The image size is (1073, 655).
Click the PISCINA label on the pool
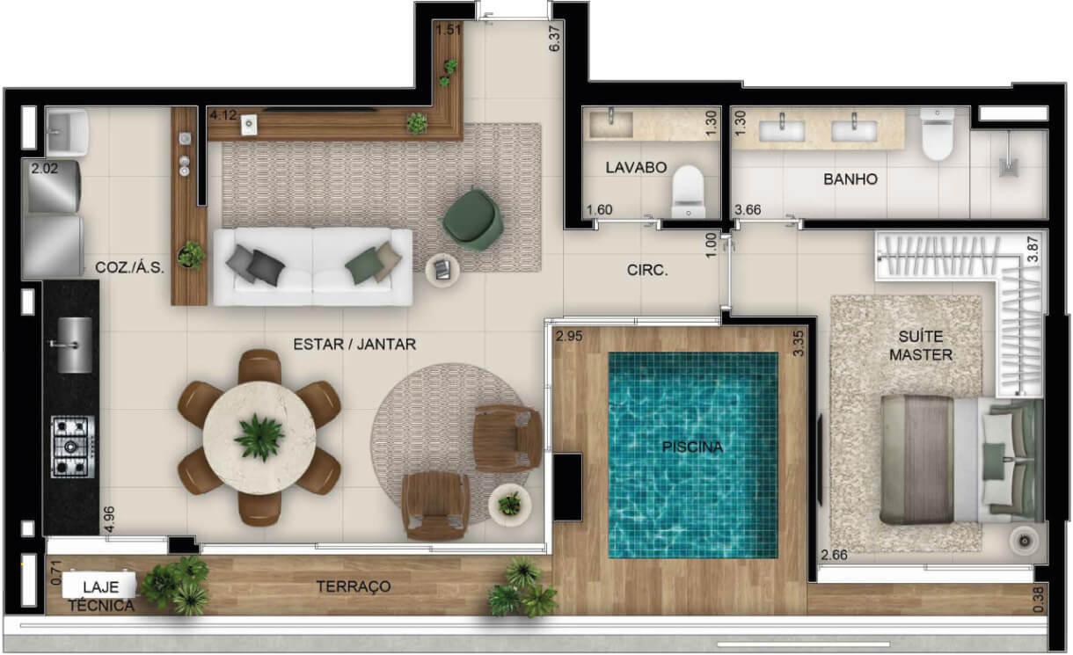pyautogui.click(x=692, y=448)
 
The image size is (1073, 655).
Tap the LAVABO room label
pyautogui.click(x=636, y=168)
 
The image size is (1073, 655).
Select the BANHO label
pyautogui.click(x=850, y=179)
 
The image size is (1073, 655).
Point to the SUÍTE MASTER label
pyautogui.click(x=921, y=346)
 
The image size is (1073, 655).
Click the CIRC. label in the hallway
pyautogui.click(x=647, y=270)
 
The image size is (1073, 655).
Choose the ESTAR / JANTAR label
pyautogui.click(x=354, y=345)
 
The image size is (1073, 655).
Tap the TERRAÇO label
pyautogui.click(x=354, y=586)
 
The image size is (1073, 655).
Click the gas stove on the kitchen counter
pyautogui.click(x=73, y=447)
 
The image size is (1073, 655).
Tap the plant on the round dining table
pyautogui.click(x=259, y=438)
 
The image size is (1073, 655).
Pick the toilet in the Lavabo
pyautogui.click(x=689, y=192)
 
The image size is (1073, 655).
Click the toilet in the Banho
pyautogui.click(x=938, y=134)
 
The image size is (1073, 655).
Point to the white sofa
pyautogui.click(x=313, y=266)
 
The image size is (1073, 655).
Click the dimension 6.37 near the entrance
pyautogui.click(x=554, y=39)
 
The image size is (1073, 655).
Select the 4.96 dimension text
pyautogui.click(x=109, y=519)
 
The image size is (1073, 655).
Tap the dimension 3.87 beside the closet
pyautogui.click(x=1033, y=250)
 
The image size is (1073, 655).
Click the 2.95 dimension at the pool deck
pyautogui.click(x=569, y=336)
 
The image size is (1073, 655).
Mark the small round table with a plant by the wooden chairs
pyautogui.click(x=510, y=505)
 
